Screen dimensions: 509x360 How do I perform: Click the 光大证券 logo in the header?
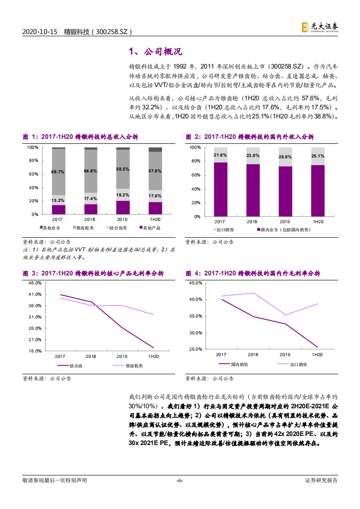click(x=320, y=27)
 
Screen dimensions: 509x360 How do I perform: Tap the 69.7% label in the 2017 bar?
click(x=58, y=172)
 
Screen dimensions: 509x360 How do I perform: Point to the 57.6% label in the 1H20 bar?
click(x=155, y=171)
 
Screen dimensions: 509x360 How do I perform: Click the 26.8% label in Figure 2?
click(x=286, y=157)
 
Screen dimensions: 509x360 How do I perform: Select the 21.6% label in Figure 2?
click(x=220, y=155)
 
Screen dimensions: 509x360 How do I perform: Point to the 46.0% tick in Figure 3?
click(x=35, y=283)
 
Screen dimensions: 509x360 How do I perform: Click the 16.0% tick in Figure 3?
click(x=35, y=351)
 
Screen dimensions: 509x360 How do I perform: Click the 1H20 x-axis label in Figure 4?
click(x=317, y=355)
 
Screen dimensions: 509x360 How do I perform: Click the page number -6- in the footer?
click(x=180, y=480)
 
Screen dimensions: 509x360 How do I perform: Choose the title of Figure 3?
click(x=93, y=274)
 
